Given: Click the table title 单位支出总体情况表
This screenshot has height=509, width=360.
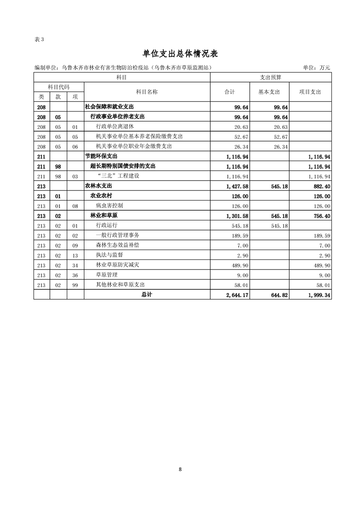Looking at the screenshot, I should click(180, 54).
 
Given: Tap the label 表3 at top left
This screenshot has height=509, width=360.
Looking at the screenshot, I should click(39, 39).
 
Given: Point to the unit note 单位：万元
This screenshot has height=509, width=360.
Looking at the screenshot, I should click(316, 68).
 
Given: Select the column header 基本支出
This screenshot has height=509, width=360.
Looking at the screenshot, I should click(269, 92).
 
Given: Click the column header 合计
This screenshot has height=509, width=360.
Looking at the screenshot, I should click(230, 92).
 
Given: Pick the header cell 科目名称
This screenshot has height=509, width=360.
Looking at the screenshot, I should click(147, 92).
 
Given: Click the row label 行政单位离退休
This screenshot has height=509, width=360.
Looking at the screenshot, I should click(115, 127).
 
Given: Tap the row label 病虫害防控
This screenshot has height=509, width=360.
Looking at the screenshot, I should click(109, 206).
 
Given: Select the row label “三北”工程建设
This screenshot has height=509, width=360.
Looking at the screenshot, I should click(118, 176).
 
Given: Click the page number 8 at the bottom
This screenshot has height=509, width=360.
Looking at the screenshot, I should click(180, 469).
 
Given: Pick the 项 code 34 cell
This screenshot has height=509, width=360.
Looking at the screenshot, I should click(75, 265).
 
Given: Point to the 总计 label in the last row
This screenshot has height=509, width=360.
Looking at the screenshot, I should click(147, 295).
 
